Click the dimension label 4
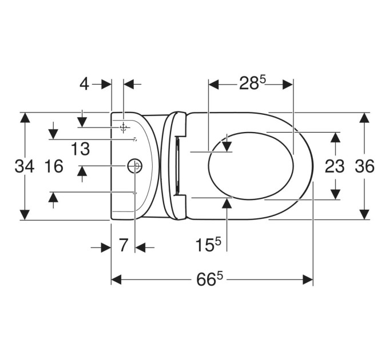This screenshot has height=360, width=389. point(84,84)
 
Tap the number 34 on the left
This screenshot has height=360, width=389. point(24,166)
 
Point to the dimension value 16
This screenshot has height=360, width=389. point(54,166)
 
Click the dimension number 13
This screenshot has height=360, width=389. point(80,149)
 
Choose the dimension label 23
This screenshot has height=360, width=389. point(335,166)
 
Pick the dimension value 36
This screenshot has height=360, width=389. point(364,166)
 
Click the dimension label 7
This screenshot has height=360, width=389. point(123,245)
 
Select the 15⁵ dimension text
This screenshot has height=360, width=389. point(208,245)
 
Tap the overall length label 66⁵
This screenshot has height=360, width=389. point(209,279)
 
